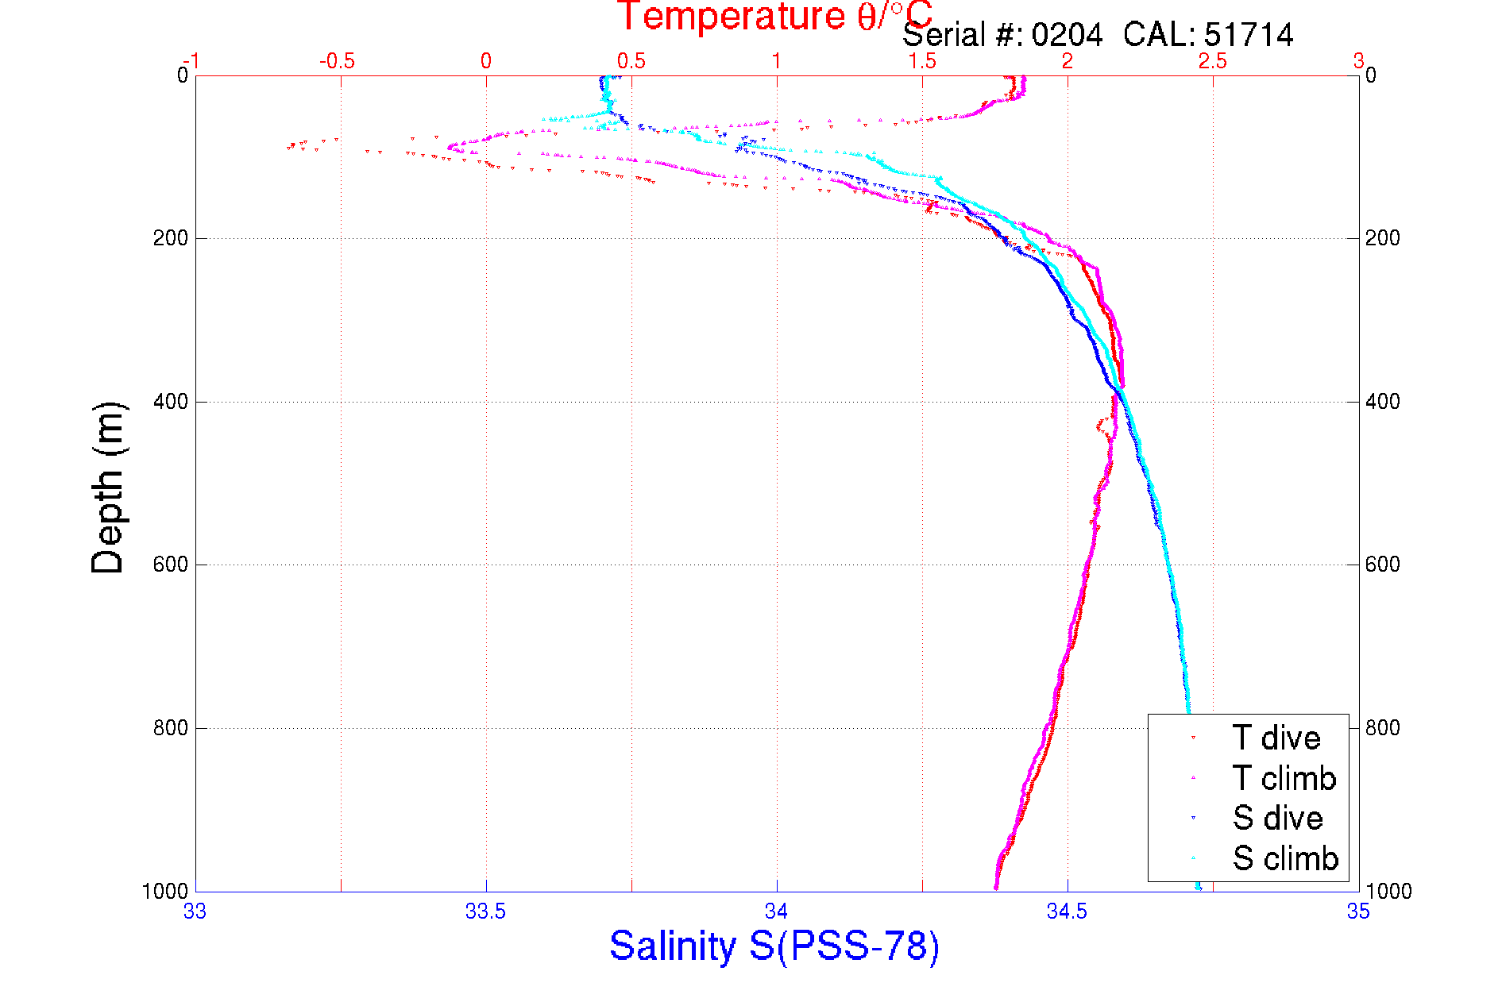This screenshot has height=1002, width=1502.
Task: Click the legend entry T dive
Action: pos(1276,738)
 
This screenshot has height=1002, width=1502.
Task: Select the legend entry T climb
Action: pos(1284,778)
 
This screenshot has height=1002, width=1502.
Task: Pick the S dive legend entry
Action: pos(1277,818)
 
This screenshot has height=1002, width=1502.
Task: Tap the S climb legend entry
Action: pos(1285,858)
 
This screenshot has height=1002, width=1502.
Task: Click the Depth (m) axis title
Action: pos(108,488)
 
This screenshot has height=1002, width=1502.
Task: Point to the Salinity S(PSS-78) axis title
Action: pos(774,946)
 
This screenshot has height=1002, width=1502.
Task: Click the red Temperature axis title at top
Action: pos(774,16)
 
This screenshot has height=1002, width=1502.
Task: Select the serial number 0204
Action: pos(1067,35)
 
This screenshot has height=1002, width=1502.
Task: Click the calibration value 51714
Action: pos(1249,35)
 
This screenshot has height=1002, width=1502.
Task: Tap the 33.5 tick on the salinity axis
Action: pos(485,911)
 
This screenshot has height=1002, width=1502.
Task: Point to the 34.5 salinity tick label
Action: pos(1067,911)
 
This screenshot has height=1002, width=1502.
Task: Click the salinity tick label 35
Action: pos(1358,911)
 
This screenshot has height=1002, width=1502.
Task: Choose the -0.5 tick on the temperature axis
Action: pos(338,61)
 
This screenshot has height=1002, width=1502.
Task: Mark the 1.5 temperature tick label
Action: pos(922,61)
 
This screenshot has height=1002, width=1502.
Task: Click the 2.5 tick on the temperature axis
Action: pos(1213,61)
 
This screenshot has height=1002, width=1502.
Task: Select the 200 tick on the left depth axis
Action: pos(170,238)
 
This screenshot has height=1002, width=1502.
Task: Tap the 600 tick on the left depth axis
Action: pos(170,565)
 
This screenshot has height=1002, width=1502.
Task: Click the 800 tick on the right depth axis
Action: pos(1383,728)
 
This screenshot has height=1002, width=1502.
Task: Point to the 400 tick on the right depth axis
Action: pos(1383,402)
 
